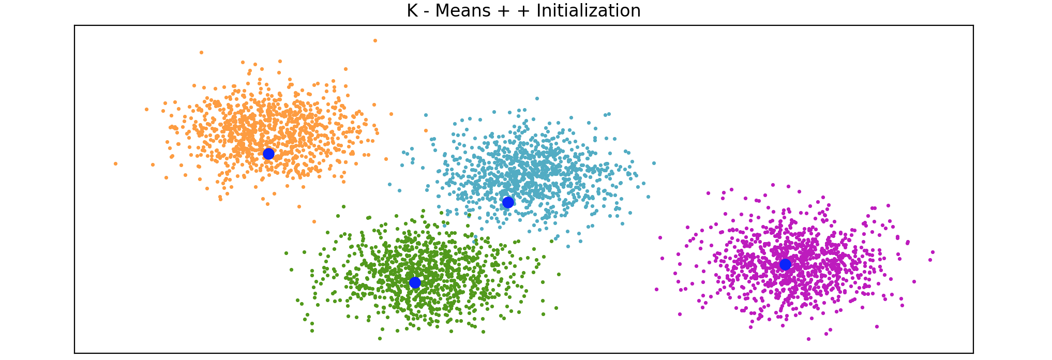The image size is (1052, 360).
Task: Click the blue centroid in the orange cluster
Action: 268,154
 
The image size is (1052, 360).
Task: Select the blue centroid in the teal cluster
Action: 508,202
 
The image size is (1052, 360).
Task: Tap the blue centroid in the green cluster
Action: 415,282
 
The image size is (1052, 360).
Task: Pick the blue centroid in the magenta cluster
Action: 785,264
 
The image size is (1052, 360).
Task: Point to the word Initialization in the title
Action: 588,11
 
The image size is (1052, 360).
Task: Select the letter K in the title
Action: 412,11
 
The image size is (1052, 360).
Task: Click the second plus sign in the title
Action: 523,11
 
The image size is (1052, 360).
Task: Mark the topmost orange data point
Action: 375,40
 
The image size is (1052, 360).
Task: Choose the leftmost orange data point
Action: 115,163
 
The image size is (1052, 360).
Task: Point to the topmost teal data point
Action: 537,98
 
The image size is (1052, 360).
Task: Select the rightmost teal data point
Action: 654,163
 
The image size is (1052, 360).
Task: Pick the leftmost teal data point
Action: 390,184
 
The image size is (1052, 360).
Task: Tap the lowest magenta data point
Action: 808,339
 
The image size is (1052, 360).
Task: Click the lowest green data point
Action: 380,338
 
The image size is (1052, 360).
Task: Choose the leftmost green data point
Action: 286,253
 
